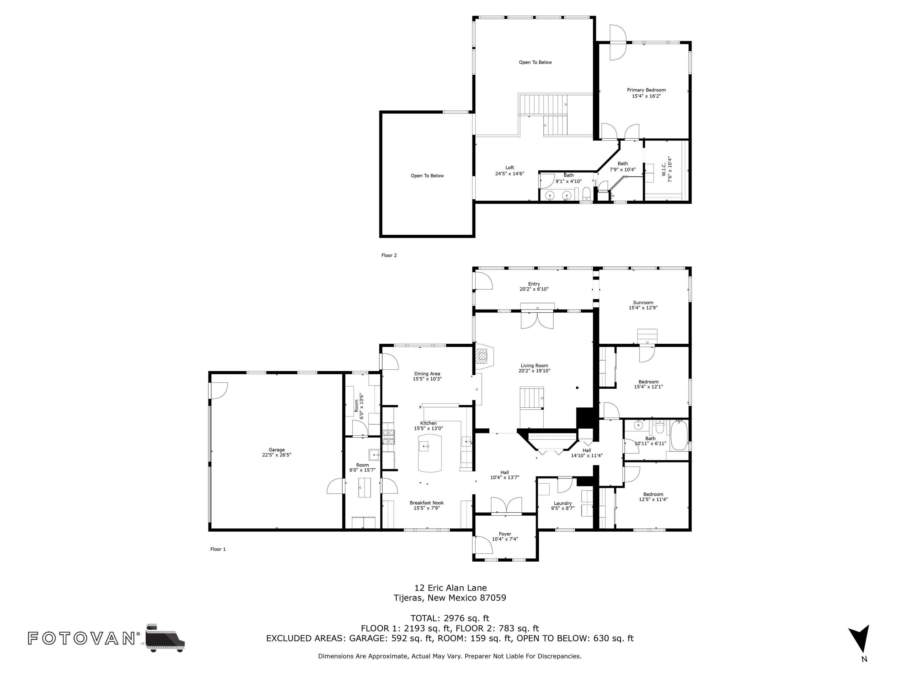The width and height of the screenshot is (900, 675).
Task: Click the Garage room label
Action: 276,450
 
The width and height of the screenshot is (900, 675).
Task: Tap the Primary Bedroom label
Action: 646,90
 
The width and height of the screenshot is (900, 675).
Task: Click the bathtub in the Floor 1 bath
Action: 678,435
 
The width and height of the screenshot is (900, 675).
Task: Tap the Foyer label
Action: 505,534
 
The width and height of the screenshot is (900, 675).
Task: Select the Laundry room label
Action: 563,503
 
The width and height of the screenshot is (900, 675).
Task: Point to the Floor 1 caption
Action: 218,549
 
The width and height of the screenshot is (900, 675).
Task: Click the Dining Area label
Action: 427,373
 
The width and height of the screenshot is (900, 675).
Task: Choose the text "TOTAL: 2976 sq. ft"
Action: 450,618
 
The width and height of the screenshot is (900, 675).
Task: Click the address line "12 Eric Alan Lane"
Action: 450,587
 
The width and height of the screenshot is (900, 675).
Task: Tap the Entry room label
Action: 534,284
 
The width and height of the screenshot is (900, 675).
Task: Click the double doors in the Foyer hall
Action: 506,505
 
